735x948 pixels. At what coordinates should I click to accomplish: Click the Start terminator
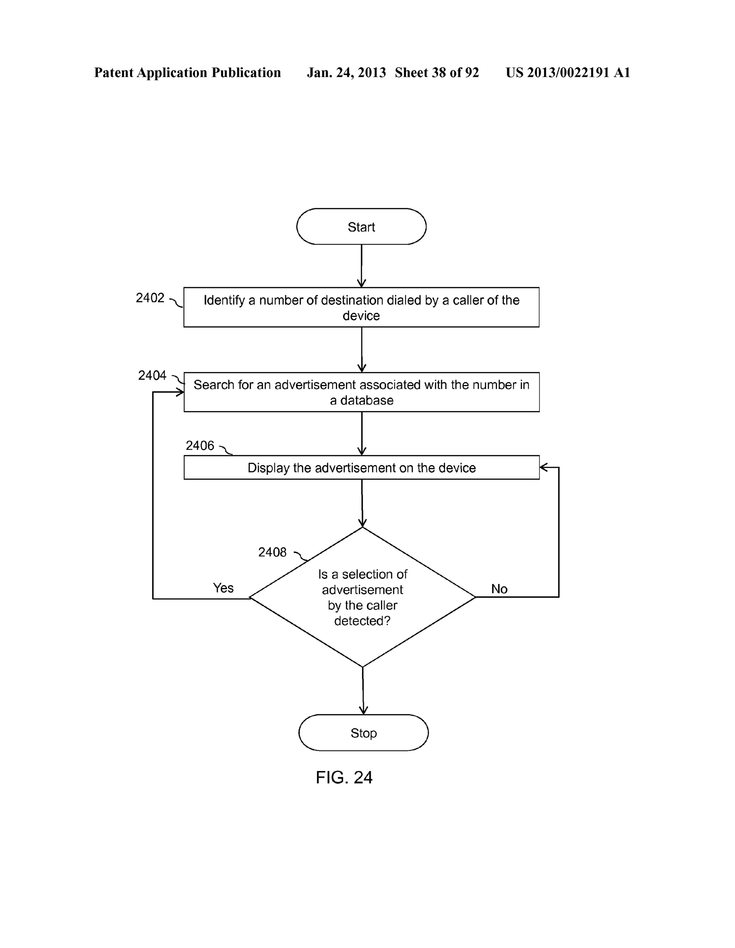(361, 227)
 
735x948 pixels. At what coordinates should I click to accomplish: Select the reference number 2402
(150, 298)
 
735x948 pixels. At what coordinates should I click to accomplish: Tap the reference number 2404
(152, 375)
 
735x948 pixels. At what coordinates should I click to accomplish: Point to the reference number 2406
(200, 445)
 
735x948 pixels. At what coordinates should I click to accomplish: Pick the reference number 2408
(272, 552)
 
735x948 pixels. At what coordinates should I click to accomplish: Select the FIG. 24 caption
(344, 777)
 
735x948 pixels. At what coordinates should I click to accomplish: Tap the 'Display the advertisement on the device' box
(361, 468)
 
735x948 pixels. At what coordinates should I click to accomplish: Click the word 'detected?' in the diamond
(362, 621)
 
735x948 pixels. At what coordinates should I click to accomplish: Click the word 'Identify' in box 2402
(224, 300)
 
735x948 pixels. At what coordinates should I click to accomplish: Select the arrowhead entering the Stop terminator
(363, 710)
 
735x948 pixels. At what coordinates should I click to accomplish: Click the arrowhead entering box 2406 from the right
(543, 468)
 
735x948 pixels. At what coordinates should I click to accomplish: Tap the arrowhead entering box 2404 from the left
(180, 392)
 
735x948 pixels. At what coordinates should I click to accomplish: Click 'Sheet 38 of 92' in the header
(436, 73)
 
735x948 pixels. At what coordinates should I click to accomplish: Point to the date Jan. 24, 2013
(346, 73)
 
